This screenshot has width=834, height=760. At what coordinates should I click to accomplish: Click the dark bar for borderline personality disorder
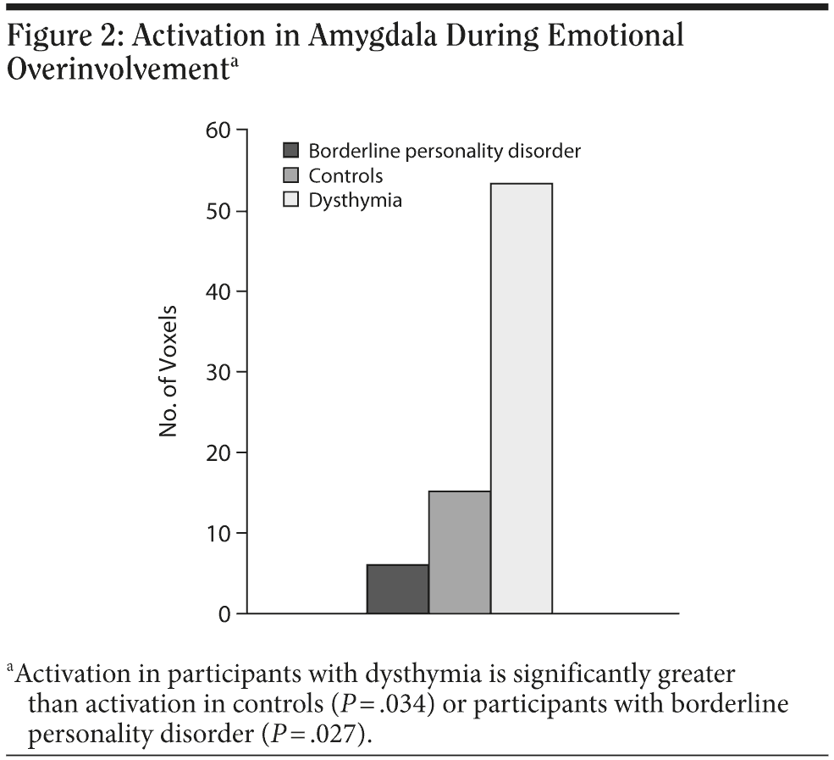397,589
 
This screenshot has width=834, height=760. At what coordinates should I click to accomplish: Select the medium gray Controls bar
460,552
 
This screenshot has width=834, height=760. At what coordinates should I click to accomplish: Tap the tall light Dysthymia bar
522,398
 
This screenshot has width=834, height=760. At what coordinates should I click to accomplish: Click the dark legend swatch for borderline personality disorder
291,152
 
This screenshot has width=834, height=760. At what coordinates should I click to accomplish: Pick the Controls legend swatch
291,176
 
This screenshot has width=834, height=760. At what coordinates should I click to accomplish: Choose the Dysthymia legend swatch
291,201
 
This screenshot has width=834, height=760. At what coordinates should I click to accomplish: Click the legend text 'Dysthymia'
355,201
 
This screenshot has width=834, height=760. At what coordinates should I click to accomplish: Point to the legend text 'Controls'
345,176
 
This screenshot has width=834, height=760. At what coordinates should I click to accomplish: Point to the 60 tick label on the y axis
218,130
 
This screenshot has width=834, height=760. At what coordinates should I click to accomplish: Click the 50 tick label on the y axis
218,211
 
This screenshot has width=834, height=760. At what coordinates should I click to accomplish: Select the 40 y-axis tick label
218,291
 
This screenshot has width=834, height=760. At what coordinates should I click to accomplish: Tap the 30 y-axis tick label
218,372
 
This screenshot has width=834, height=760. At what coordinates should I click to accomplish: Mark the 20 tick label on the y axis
218,452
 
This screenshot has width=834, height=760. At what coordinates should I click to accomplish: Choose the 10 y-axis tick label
218,533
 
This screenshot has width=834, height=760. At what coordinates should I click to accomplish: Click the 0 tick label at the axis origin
224,614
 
